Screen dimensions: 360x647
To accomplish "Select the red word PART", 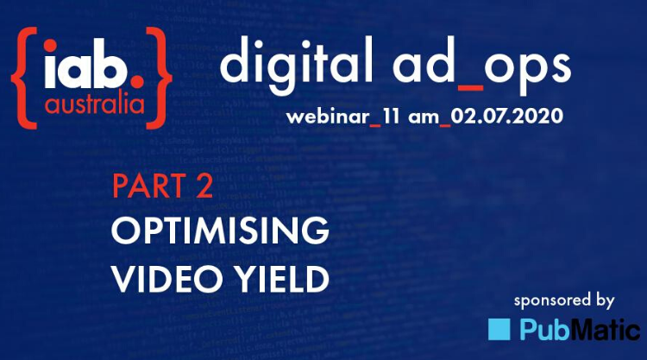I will tap(147, 187).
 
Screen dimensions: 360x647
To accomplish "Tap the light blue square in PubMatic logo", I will tap(499, 329).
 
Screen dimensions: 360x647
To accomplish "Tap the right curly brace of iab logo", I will tap(159, 67).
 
